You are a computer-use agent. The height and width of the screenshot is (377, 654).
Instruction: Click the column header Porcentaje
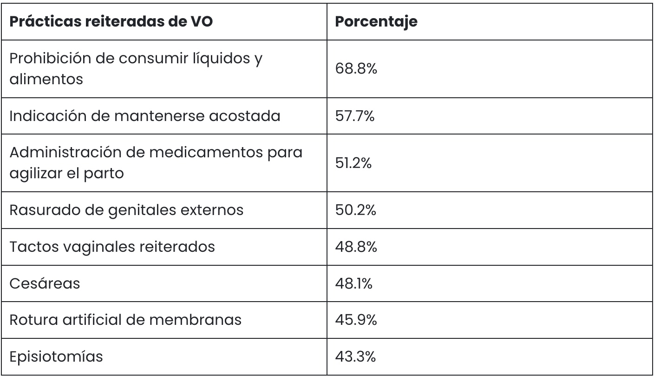tap(376, 22)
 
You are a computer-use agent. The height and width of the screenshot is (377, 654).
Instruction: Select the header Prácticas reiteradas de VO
tap(111, 22)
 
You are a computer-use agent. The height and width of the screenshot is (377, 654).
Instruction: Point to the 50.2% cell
tap(356, 210)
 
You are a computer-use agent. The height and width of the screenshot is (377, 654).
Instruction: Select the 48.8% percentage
tap(356, 247)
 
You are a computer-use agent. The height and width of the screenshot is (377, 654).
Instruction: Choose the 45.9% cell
tap(356, 320)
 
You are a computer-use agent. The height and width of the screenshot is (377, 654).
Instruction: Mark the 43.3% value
tap(356, 357)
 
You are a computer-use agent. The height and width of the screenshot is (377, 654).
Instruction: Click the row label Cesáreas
tap(45, 283)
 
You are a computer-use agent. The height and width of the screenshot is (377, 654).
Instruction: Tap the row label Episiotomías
tap(56, 357)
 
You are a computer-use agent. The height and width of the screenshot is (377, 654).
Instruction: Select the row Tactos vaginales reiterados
tap(112, 247)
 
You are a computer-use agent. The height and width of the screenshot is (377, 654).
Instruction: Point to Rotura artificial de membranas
tap(125, 320)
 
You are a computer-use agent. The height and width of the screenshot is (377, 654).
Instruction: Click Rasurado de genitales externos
tap(126, 210)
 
